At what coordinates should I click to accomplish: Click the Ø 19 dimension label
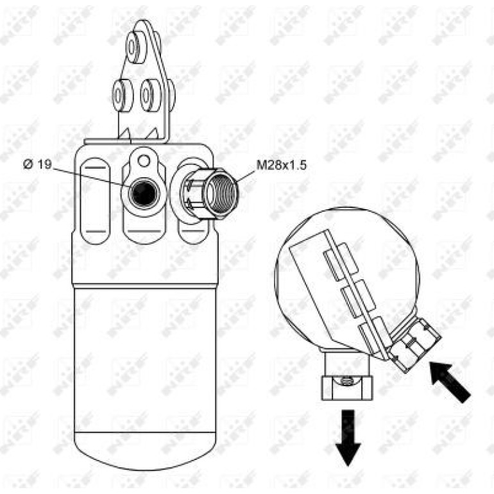point(37,164)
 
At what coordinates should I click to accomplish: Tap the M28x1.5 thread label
point(282,165)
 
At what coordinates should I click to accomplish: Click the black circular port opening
point(144,193)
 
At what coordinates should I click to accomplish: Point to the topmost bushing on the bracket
point(137,47)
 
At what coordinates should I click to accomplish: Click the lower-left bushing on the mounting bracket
point(123,96)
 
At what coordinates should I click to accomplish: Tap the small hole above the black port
point(144,160)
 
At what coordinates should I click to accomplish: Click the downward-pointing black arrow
point(348,438)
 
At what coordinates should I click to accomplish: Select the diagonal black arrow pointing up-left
point(450,382)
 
